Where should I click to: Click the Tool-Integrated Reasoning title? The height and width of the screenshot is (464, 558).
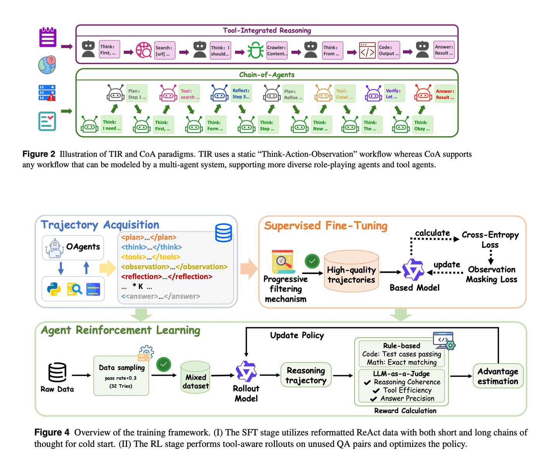(x=267, y=30)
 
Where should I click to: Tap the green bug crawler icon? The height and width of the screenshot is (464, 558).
(x=255, y=50)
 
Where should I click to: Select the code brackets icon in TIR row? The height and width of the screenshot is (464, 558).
(x=367, y=50)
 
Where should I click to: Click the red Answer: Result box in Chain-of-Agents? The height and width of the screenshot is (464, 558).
(x=444, y=94)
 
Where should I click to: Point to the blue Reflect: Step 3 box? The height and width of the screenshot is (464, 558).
(x=241, y=93)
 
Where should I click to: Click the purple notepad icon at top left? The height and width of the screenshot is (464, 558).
(x=48, y=37)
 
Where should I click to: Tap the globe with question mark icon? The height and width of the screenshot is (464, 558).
(x=47, y=65)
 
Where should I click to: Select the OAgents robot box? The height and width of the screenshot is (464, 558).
(x=73, y=248)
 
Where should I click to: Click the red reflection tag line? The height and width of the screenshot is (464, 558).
(x=167, y=277)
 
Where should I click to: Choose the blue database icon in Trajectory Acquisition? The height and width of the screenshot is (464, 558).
(x=223, y=233)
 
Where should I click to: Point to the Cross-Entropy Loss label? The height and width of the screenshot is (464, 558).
(x=490, y=240)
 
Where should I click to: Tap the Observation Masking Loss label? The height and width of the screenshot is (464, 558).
(x=491, y=274)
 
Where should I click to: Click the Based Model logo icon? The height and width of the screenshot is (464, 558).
(x=413, y=270)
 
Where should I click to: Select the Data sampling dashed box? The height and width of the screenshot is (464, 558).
(x=121, y=375)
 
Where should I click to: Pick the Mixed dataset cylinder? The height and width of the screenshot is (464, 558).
(x=195, y=377)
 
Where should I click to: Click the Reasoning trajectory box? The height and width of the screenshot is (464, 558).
(x=306, y=375)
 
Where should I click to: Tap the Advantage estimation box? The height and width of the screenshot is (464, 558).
(x=498, y=376)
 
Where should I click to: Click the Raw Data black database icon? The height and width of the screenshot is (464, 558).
(x=57, y=372)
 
